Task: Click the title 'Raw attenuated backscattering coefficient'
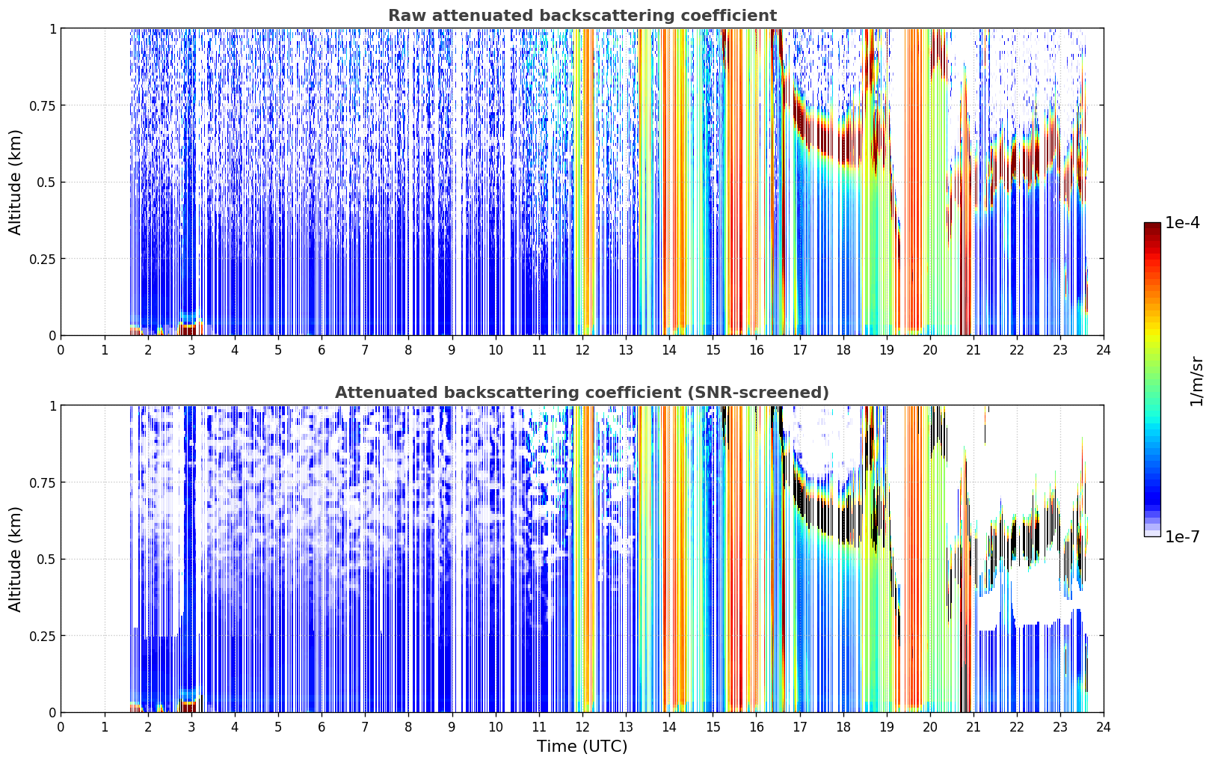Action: point(582,15)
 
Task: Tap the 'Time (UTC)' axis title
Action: point(582,747)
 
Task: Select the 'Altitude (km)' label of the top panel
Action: point(15,182)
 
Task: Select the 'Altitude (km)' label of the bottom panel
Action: point(15,559)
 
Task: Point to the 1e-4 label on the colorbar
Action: point(1181,222)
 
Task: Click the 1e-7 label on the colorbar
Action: point(1181,537)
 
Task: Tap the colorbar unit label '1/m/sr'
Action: point(1196,381)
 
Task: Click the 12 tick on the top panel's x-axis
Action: point(582,350)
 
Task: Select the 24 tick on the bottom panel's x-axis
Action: point(1104,727)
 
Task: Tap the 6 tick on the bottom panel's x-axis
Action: point(322,727)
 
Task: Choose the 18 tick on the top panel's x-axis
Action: point(843,350)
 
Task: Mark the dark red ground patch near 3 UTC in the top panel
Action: point(187,329)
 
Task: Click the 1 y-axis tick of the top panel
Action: point(52,28)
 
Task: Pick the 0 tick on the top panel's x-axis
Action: point(61,350)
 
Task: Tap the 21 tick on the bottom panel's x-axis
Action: point(973,727)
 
